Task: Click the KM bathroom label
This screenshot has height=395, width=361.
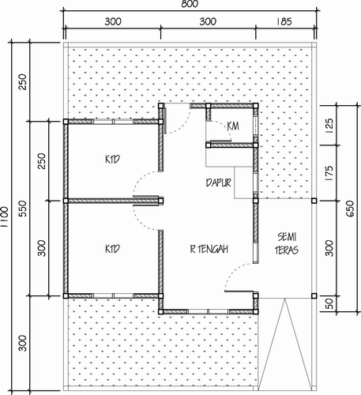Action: pyautogui.click(x=233, y=126)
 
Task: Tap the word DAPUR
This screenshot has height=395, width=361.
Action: pyautogui.click(x=219, y=182)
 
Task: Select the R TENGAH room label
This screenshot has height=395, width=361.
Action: pyautogui.click(x=209, y=249)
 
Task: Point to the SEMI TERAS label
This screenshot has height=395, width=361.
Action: pyautogui.click(x=287, y=243)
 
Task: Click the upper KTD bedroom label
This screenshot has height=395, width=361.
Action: pyautogui.click(x=112, y=160)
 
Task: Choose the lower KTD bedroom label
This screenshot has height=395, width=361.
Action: pyautogui.click(x=112, y=249)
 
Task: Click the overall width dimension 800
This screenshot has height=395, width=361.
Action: pyautogui.click(x=190, y=4)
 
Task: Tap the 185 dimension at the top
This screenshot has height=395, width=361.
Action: pyautogui.click(x=284, y=21)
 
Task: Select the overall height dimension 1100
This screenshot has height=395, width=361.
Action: pyautogui.click(x=5, y=216)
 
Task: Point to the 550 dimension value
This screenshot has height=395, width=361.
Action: pyautogui.click(x=24, y=209)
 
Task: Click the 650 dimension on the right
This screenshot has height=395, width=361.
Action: pyautogui.click(x=350, y=209)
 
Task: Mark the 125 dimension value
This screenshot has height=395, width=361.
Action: pyautogui.click(x=329, y=126)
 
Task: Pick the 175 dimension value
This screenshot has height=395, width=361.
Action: pyautogui.click(x=329, y=173)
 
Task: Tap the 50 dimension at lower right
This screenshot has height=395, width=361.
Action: pyautogui.click(x=329, y=303)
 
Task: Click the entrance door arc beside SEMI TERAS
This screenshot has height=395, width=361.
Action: pyautogui.click(x=232, y=270)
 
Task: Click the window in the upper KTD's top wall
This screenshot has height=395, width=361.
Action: pyautogui.click(x=113, y=122)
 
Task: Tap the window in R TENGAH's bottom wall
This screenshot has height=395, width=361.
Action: pyautogui.click(x=208, y=312)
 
